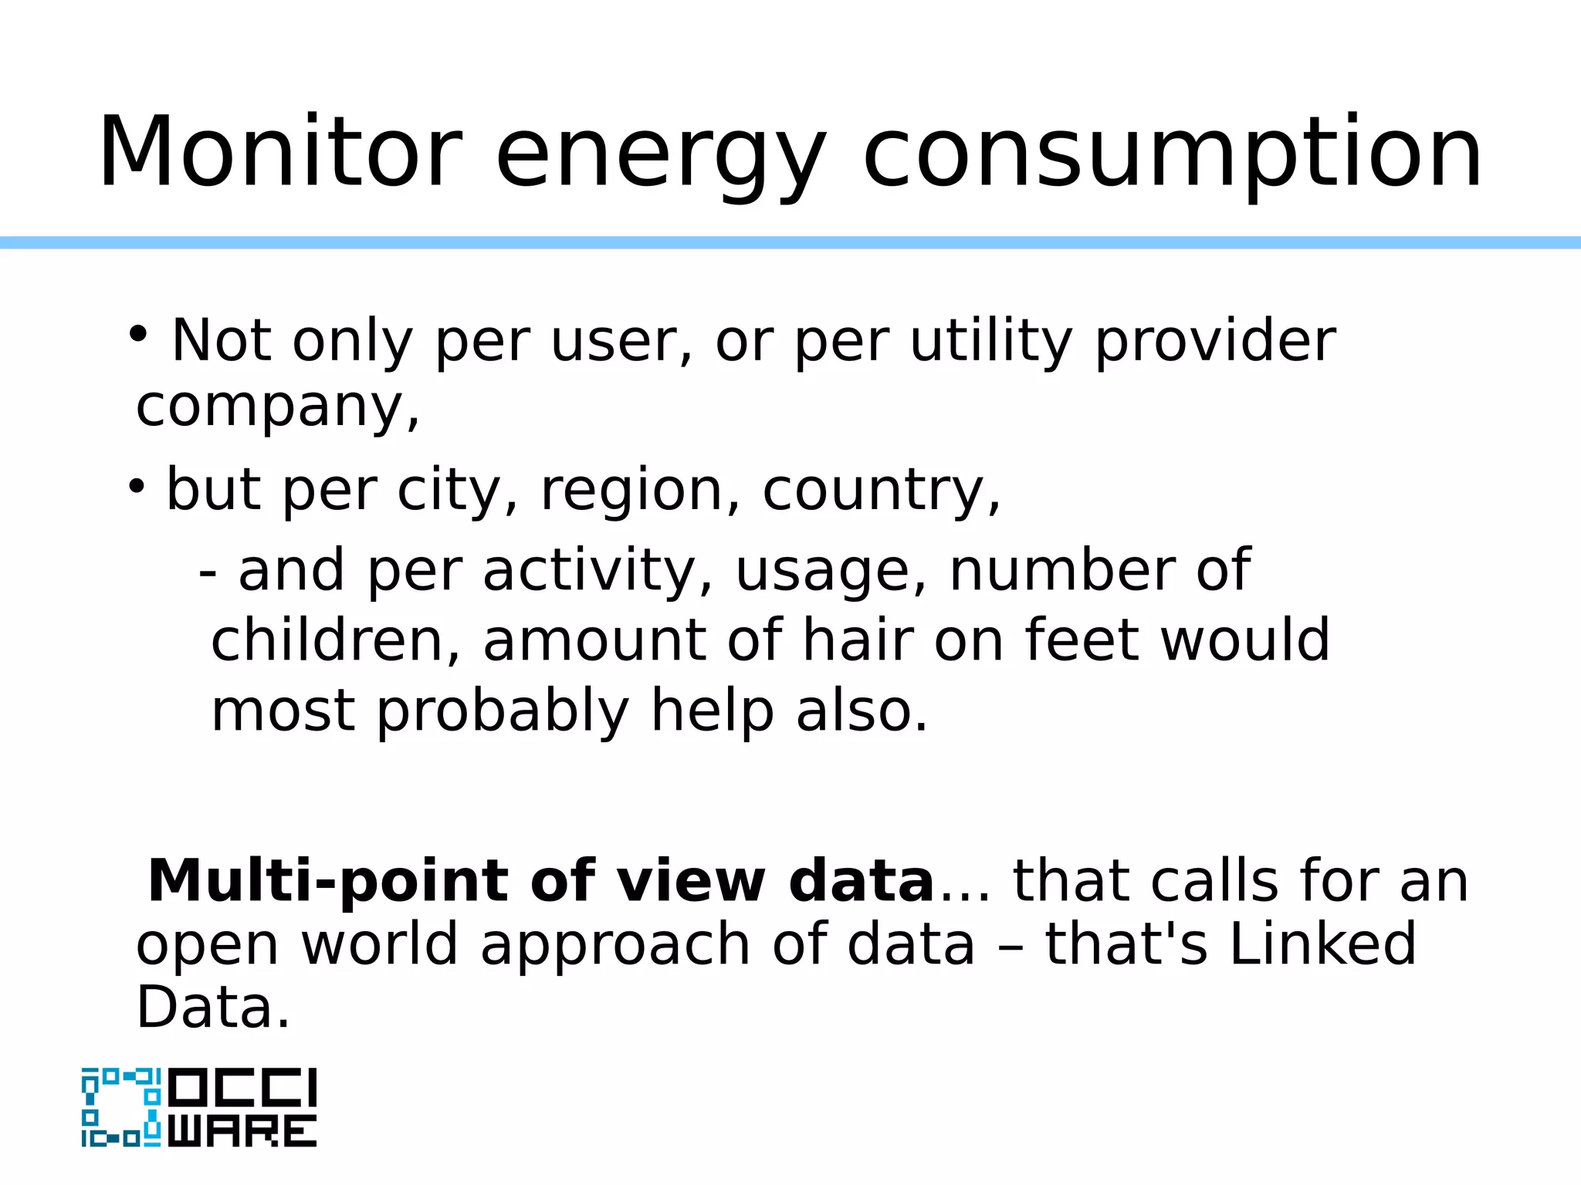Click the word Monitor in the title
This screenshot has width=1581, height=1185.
[279, 152]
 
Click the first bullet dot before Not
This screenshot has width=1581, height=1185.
[138, 334]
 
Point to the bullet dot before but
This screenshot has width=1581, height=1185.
[137, 486]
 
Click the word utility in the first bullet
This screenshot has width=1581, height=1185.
[991, 341]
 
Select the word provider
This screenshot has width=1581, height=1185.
[1215, 341]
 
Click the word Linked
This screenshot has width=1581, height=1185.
[1322, 944]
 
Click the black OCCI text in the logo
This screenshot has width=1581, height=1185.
[242, 1088]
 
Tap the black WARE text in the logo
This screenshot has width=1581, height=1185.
[242, 1131]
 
